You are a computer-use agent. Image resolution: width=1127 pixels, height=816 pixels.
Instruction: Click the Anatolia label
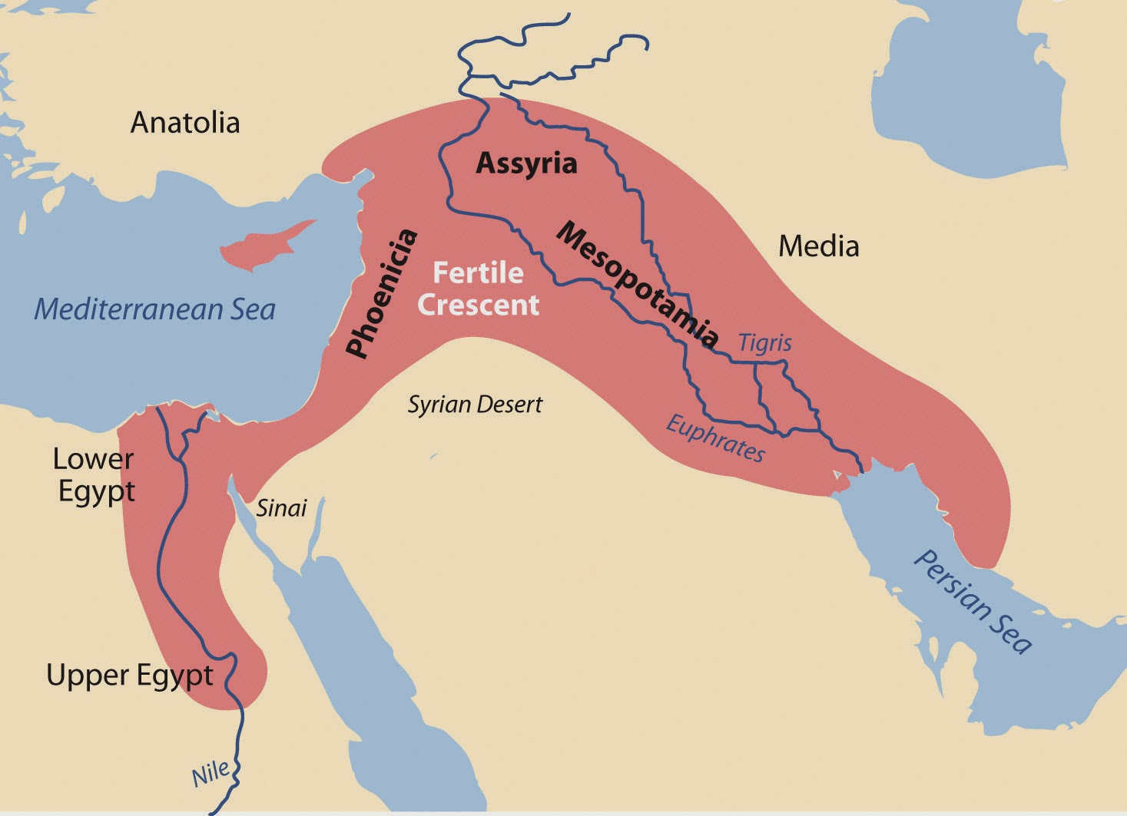pyautogui.click(x=185, y=123)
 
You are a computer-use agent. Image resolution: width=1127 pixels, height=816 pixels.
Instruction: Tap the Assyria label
pyautogui.click(x=526, y=164)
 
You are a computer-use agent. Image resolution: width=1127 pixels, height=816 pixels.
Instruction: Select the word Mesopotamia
pyautogui.click(x=638, y=284)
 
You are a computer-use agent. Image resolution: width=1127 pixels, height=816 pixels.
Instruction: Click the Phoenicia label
pyautogui.click(x=382, y=294)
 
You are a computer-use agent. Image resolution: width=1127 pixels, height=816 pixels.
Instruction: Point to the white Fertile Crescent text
pyautogui.click(x=478, y=289)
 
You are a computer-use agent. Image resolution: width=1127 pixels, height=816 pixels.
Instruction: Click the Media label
pyautogui.click(x=818, y=246)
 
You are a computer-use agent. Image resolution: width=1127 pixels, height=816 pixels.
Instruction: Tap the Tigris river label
pyautogui.click(x=764, y=342)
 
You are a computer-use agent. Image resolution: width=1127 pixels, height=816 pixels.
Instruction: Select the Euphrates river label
pyautogui.click(x=715, y=439)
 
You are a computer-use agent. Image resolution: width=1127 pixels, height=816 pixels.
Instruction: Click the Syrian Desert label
pyautogui.click(x=475, y=405)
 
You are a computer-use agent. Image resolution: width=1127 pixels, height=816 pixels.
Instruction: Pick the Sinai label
pyautogui.click(x=281, y=507)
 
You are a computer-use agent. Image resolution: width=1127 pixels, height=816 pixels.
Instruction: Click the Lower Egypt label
pyautogui.click(x=94, y=474)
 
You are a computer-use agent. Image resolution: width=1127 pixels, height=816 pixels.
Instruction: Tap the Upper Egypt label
pyautogui.click(x=129, y=676)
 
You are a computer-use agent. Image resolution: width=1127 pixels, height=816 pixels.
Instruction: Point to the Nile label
pyautogui.click(x=210, y=774)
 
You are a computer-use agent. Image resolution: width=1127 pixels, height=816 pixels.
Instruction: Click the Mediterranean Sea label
pyautogui.click(x=154, y=309)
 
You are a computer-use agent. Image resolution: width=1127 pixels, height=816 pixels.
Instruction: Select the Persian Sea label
pyautogui.click(x=973, y=603)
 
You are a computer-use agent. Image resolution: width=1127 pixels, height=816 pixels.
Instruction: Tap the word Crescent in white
pyautogui.click(x=478, y=305)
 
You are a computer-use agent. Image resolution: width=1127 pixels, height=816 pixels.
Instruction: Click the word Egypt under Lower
pyautogui.click(x=97, y=491)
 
